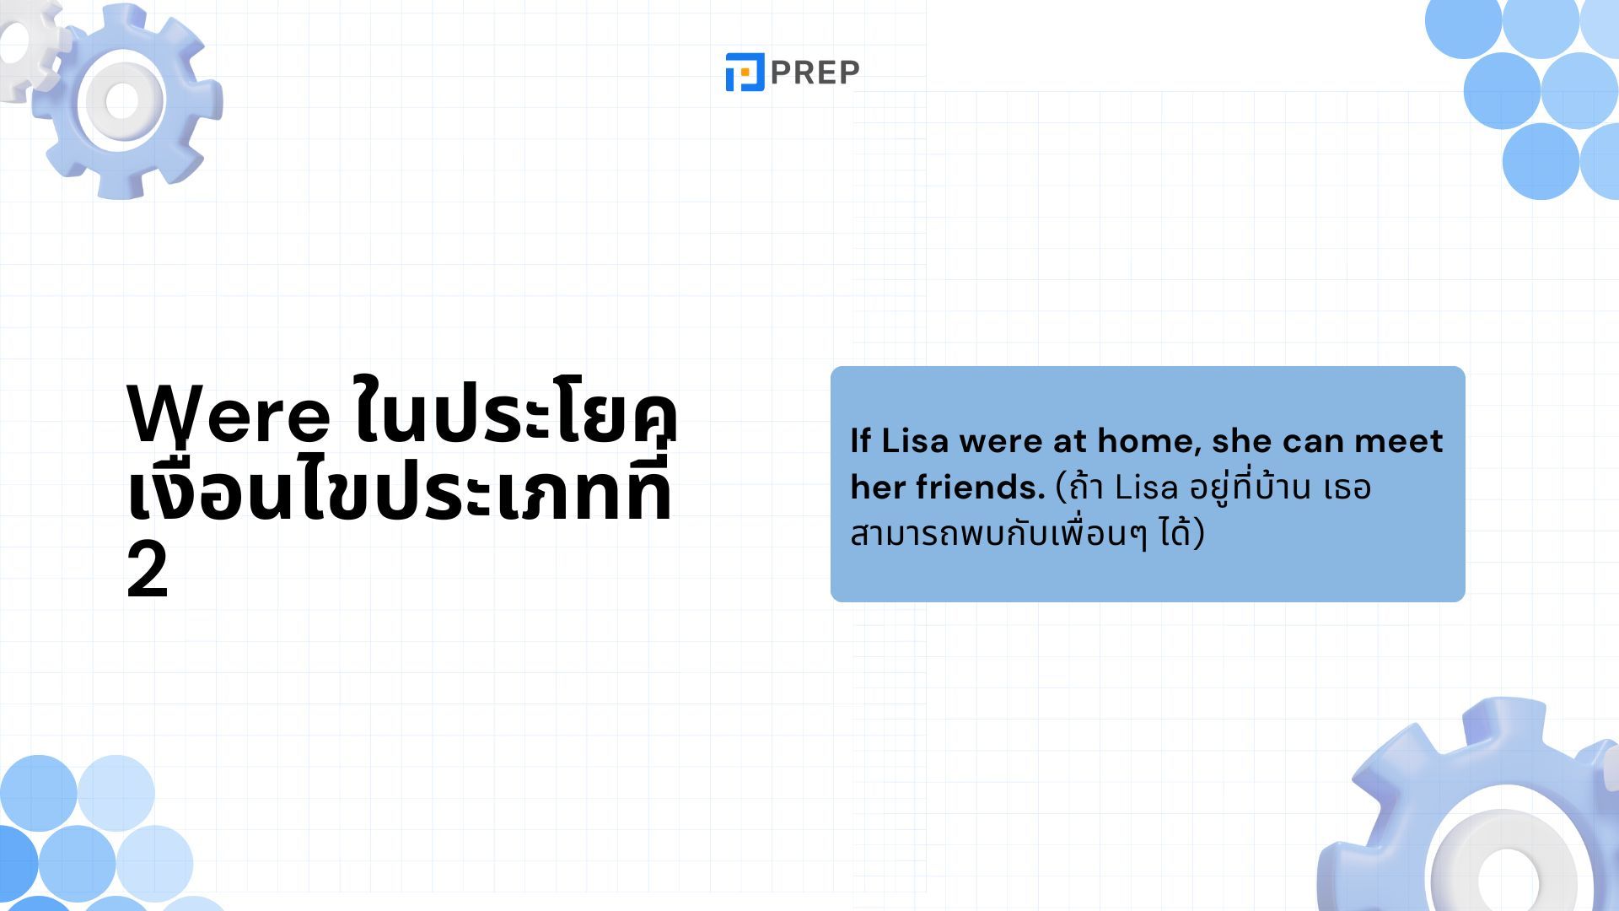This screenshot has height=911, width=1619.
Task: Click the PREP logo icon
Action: click(x=745, y=72)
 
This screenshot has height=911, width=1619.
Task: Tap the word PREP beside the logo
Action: click(x=815, y=73)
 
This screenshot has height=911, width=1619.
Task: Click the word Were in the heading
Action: click(x=229, y=415)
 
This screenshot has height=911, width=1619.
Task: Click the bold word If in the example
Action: click(x=860, y=440)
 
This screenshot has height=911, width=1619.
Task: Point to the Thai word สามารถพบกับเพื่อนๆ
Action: click(x=999, y=533)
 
